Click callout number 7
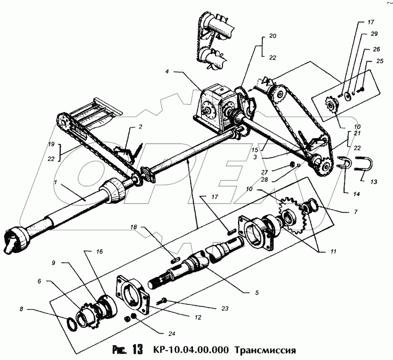point(355,212)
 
